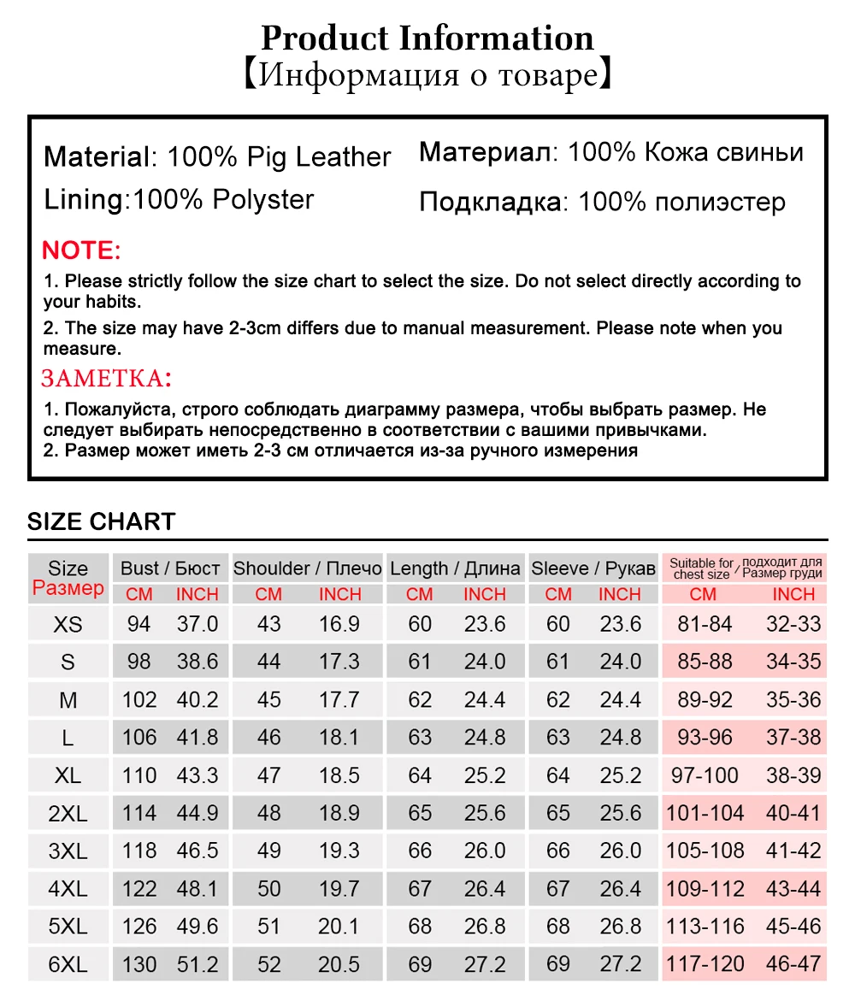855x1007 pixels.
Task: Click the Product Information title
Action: click(427, 38)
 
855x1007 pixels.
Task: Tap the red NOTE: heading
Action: click(82, 250)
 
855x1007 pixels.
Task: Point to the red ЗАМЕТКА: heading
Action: click(107, 378)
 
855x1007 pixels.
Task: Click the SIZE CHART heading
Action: click(101, 521)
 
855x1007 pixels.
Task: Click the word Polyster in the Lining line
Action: click(263, 200)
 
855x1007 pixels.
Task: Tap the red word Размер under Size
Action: click(68, 589)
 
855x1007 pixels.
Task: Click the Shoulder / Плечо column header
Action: click(308, 568)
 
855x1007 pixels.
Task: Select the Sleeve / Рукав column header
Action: click(593, 568)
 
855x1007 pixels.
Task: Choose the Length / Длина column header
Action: click(455, 568)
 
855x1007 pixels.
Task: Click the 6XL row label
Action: click(68, 964)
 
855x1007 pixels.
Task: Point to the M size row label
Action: click(68, 700)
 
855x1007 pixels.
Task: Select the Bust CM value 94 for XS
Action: click(139, 624)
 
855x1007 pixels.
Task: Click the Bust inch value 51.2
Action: click(198, 964)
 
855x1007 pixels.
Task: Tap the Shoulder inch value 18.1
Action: click(339, 738)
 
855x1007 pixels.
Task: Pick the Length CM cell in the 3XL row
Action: click(420, 851)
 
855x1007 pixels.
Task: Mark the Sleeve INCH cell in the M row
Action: click(620, 700)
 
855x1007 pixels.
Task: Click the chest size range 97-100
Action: click(705, 775)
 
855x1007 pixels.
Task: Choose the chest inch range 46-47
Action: click(793, 964)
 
